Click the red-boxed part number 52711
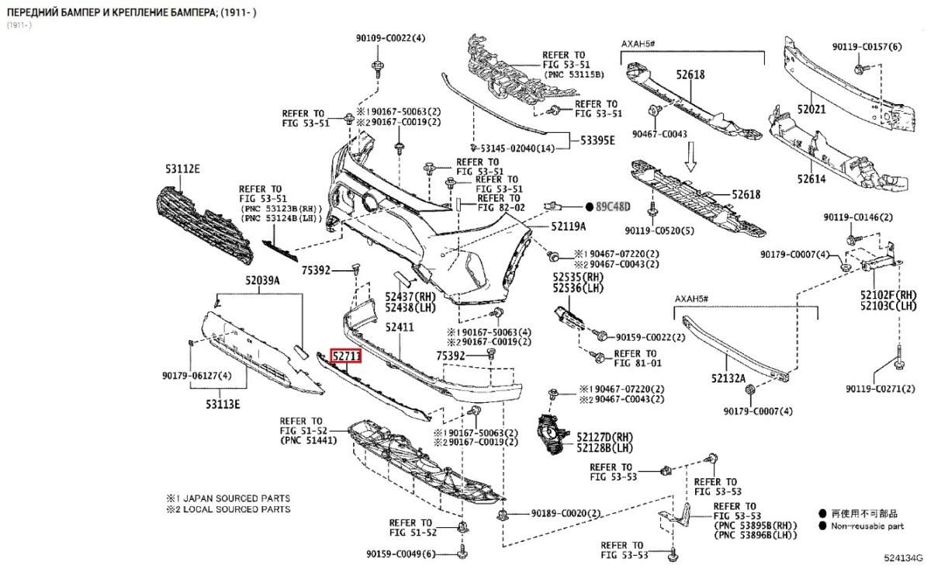346,356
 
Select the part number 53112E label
182,169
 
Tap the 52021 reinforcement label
812,109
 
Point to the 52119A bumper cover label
569,226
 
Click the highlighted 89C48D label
613,206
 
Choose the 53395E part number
597,141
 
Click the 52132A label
729,378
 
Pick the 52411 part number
400,328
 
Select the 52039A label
262,280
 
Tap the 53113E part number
223,404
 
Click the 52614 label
812,179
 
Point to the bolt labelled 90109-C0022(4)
377,68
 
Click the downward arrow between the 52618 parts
690,156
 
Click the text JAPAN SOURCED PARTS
237,498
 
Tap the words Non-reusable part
867,526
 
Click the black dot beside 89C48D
590,206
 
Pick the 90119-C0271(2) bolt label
881,389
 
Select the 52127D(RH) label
604,437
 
